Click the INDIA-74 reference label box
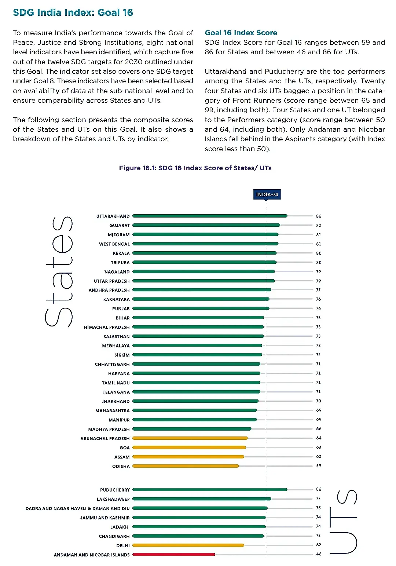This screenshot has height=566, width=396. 267,194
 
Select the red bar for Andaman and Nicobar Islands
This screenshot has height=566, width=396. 174,554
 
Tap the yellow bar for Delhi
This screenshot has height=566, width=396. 188,545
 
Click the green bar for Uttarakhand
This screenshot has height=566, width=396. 210,216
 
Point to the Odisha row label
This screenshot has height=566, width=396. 121,466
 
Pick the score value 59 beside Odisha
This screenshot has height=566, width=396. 319,466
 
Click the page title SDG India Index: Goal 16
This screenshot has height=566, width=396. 73,12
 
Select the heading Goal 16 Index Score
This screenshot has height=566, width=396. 241,33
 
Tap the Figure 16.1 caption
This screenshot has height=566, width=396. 195,168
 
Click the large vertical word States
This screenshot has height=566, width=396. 59,271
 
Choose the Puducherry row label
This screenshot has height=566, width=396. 115,490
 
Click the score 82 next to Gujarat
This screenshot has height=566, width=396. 319,226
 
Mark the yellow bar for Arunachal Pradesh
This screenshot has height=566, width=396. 190,438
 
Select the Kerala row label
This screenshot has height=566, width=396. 121,253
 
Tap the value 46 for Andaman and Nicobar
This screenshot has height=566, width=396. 319,554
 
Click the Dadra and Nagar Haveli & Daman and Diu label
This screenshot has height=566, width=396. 78,508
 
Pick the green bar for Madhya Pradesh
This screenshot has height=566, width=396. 192,429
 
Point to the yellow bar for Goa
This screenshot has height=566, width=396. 189,447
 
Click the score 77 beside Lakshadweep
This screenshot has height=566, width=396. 318,499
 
